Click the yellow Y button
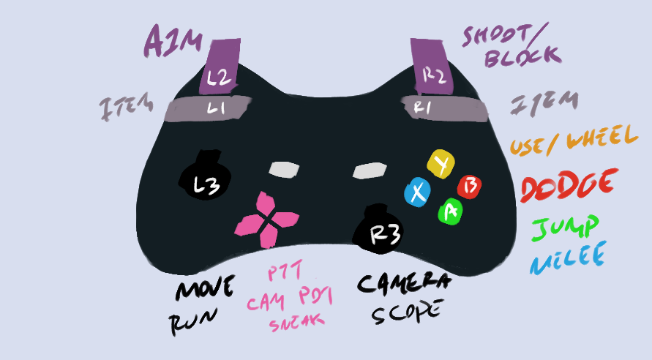click(x=441, y=165)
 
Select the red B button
click(x=468, y=187)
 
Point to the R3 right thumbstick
click(x=379, y=230)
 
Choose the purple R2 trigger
click(x=432, y=70)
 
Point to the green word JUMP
click(x=565, y=229)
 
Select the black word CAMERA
click(x=405, y=283)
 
